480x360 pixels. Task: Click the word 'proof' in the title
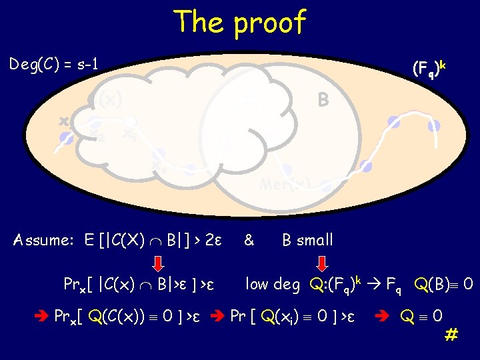[269, 23]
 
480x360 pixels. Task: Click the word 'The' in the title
[198, 22]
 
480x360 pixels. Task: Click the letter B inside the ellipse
[323, 100]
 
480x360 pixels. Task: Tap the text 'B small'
[307, 240]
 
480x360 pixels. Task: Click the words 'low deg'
[273, 285]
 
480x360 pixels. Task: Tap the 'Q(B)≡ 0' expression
[443, 285]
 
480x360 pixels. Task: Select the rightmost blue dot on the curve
[435, 125]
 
